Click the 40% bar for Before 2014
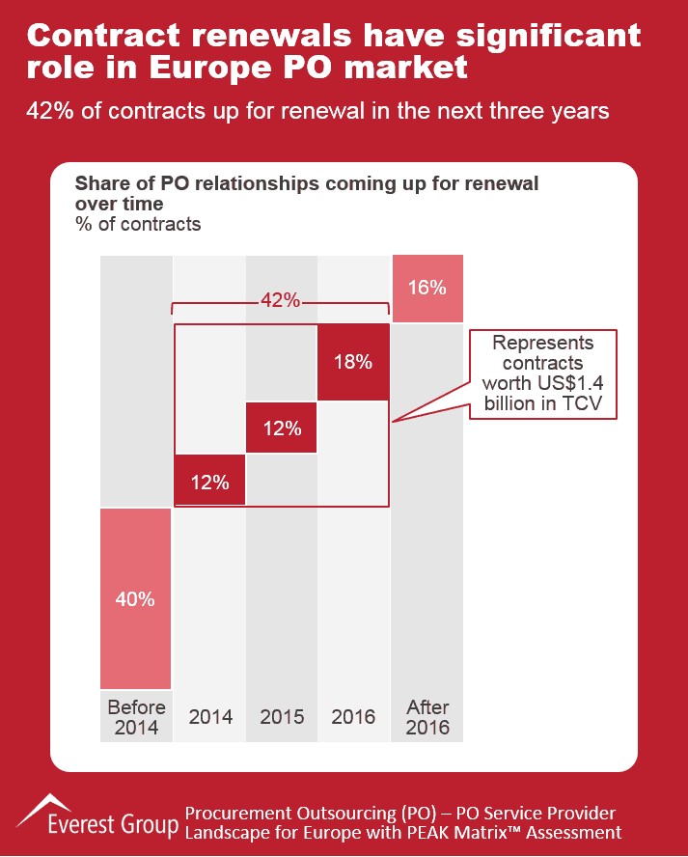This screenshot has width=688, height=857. (x=136, y=598)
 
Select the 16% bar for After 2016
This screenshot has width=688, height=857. (x=427, y=288)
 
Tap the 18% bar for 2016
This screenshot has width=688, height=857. (x=353, y=362)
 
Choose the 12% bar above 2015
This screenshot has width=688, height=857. (x=282, y=428)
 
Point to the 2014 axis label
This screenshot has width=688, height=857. (x=209, y=717)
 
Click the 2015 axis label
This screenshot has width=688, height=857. (x=282, y=717)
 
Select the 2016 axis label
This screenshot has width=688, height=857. (x=353, y=717)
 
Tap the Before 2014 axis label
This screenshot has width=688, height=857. (x=136, y=716)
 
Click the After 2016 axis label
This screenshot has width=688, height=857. (x=427, y=716)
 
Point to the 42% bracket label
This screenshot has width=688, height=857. (x=281, y=300)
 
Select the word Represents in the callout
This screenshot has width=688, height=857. (x=543, y=344)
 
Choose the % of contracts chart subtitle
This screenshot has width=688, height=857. (x=138, y=224)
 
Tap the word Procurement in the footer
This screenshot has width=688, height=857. (x=233, y=813)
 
